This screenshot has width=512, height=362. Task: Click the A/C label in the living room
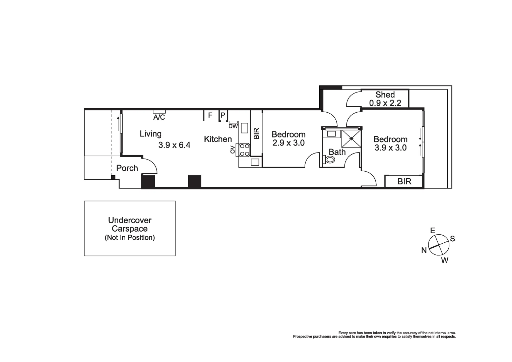[159, 117]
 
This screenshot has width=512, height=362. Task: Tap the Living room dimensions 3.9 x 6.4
[174, 145]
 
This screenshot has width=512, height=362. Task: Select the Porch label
[127, 168]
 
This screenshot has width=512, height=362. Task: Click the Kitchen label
[218, 139]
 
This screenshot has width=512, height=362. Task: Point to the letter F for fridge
[210, 115]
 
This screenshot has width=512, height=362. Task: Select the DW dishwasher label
[233, 126]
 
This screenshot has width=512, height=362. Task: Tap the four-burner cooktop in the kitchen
[244, 150]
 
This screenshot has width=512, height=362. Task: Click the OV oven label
[233, 150]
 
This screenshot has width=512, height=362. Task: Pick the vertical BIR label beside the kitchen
[256, 133]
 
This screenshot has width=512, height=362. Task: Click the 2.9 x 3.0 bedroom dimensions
[288, 143]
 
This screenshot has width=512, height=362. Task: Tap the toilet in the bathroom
[329, 159]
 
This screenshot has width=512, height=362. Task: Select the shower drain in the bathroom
[351, 138]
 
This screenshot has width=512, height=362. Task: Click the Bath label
[337, 152]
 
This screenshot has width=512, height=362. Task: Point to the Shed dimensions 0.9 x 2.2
[385, 103]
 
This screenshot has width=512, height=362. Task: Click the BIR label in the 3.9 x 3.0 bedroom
[404, 181]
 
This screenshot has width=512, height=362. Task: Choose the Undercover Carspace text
[130, 225]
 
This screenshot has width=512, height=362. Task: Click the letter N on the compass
[424, 250]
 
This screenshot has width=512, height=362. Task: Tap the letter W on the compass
[444, 260]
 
